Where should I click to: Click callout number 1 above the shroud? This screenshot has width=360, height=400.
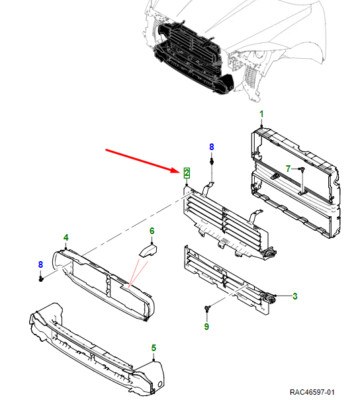(x=262, y=114)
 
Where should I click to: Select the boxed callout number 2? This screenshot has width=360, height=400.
(x=187, y=173)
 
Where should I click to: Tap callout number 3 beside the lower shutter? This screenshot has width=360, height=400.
(x=295, y=296)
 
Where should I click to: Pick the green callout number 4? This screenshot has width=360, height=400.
(x=66, y=238)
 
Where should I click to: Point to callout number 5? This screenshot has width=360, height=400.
(x=154, y=348)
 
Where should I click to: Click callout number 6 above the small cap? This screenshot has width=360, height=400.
(x=152, y=231)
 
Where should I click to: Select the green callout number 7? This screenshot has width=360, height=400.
(x=288, y=169)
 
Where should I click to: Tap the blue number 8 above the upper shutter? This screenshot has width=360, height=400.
(x=211, y=147)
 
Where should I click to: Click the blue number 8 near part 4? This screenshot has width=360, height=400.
(x=41, y=265)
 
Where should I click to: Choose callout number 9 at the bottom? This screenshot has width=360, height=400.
(x=207, y=326)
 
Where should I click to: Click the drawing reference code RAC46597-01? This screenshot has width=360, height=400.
(x=312, y=392)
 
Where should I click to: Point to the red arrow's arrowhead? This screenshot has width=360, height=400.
(x=177, y=170)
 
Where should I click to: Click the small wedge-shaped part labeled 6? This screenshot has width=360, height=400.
(x=148, y=251)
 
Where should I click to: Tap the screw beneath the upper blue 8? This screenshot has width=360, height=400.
(x=211, y=162)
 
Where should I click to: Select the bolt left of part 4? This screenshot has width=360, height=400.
(x=41, y=278)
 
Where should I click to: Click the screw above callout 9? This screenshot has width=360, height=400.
(x=207, y=308)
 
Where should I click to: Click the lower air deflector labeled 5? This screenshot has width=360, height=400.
(x=97, y=348)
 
